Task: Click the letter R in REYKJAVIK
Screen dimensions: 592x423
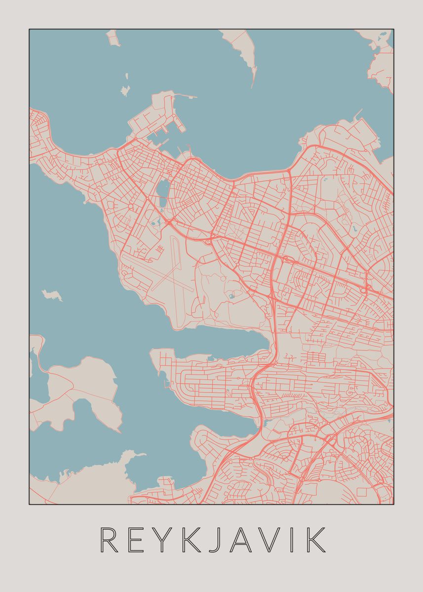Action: pyautogui.click(x=109, y=540)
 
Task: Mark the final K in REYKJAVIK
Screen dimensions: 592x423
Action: pyautogui.click(x=316, y=540)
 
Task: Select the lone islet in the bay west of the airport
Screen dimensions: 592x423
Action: pyautogui.click(x=52, y=296)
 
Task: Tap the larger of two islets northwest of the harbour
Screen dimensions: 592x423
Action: pyautogui.click(x=125, y=90)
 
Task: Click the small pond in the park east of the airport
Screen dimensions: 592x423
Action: pyautogui.click(x=231, y=296)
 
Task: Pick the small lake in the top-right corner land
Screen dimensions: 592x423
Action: pyautogui.click(x=383, y=37)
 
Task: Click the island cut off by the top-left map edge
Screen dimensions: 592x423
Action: pyautogui.click(x=112, y=37)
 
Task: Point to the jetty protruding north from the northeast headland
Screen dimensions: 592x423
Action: pyautogui.click(x=357, y=115)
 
